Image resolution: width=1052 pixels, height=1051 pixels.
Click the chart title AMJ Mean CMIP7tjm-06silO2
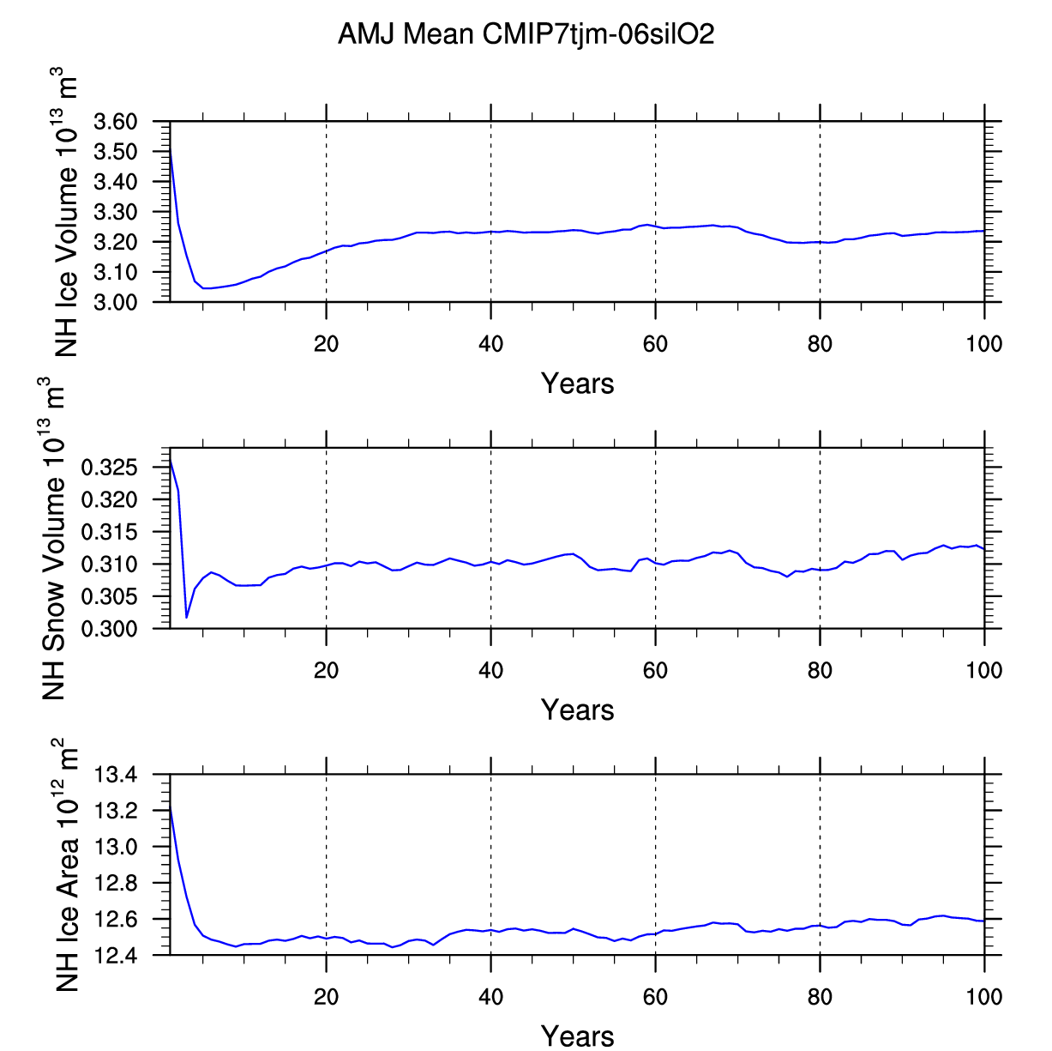click(x=526, y=34)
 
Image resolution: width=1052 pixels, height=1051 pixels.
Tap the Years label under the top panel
click(x=577, y=384)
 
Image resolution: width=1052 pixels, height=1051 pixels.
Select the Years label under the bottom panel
click(x=577, y=1036)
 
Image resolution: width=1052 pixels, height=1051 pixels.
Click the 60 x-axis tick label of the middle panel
click(x=655, y=670)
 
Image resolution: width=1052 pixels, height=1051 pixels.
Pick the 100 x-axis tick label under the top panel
click(x=983, y=344)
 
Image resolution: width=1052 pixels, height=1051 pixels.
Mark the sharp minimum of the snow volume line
click(x=187, y=617)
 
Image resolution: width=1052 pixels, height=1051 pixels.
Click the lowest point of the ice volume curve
click(x=205, y=288)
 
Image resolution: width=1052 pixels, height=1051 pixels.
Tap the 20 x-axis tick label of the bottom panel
click(x=326, y=996)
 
